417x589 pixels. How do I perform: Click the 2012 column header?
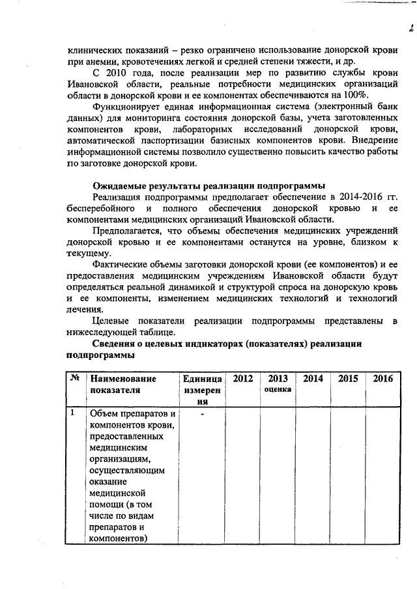(243, 379)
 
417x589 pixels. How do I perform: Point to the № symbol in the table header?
(75, 378)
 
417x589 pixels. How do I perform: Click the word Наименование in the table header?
(123, 379)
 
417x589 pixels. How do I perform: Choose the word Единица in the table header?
(203, 379)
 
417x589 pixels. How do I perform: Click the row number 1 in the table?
(73, 413)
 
